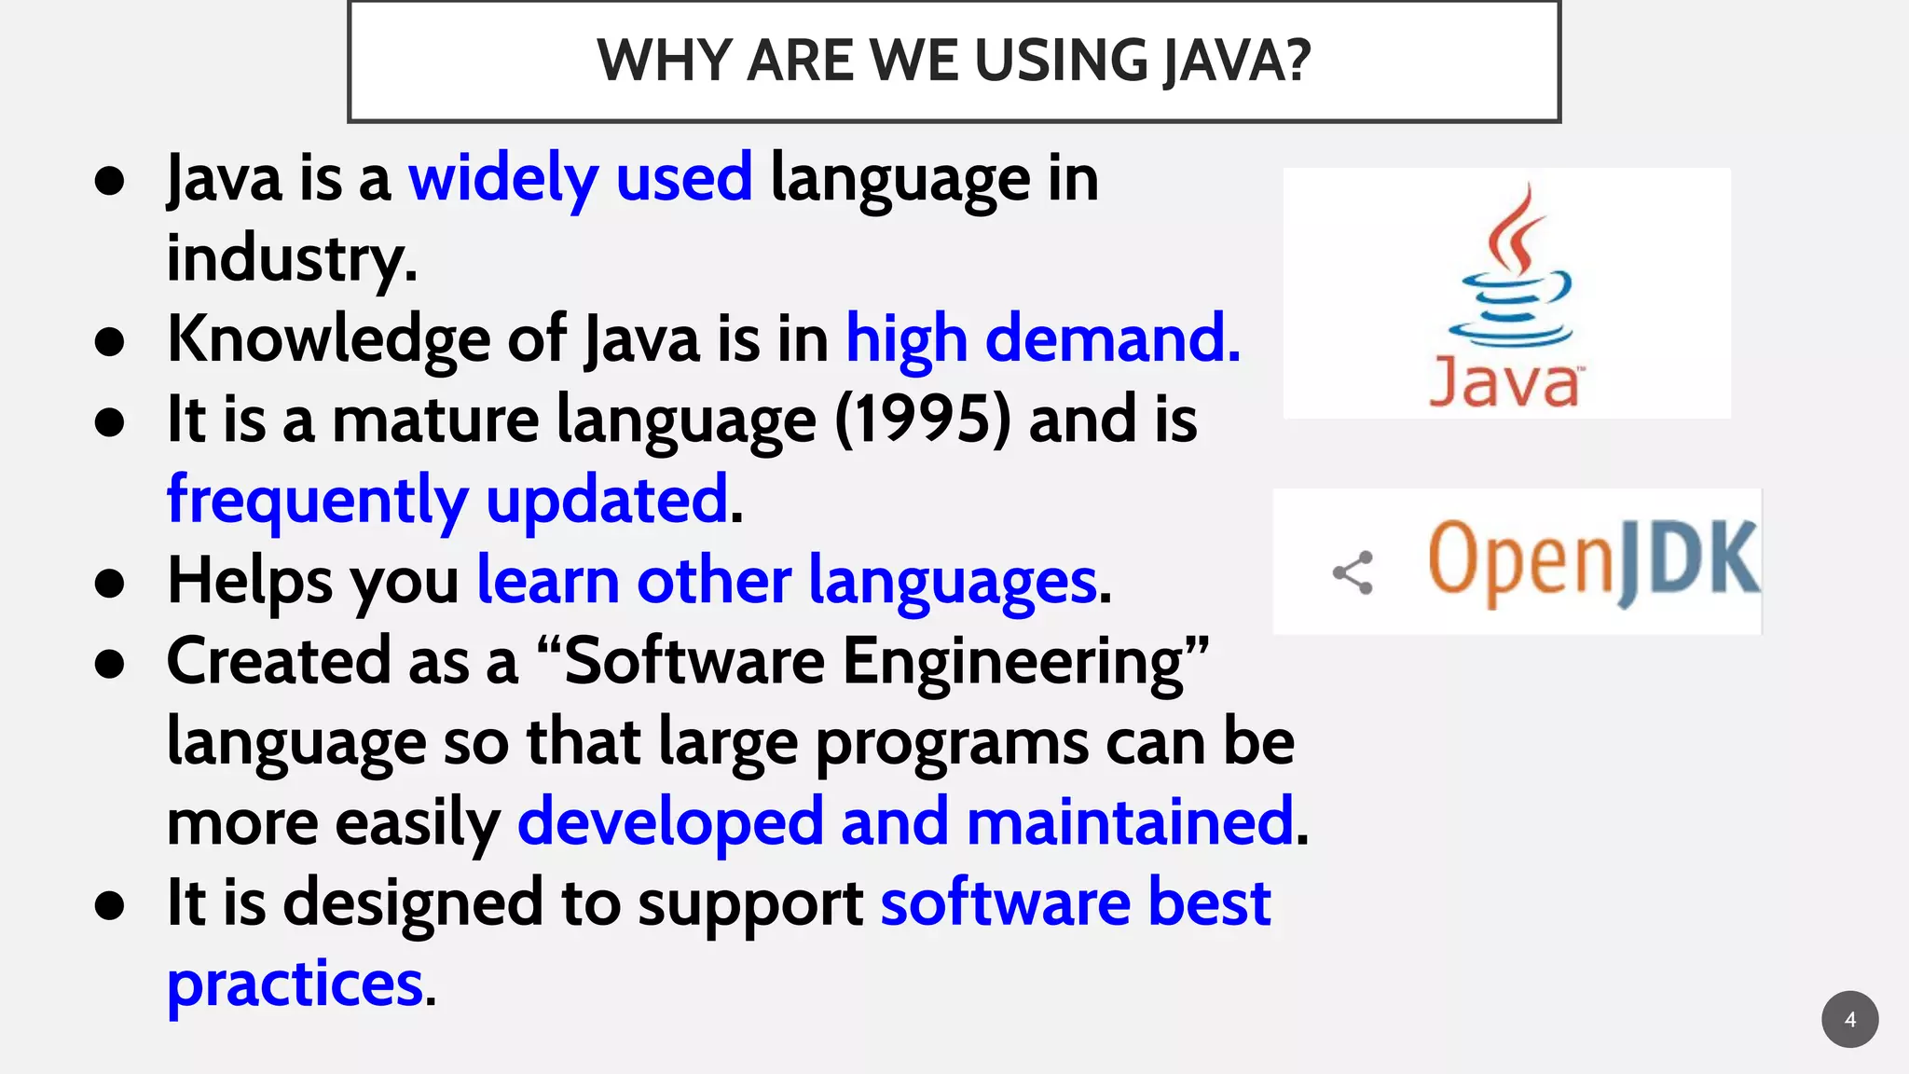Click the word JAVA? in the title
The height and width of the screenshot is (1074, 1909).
point(1237,62)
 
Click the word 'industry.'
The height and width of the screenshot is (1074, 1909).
point(292,258)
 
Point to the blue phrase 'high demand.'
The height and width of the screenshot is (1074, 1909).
point(1043,338)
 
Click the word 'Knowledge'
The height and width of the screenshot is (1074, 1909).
point(328,338)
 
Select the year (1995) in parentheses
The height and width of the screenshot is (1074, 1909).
point(922,420)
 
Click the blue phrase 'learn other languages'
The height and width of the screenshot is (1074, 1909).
point(787,581)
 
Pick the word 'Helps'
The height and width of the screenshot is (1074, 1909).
point(249,581)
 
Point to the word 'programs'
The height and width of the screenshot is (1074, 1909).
point(952,742)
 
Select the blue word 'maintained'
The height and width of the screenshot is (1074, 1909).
point(1130,822)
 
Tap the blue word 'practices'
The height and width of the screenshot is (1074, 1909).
point(295,984)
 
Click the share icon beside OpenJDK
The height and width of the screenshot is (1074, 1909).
point(1353,572)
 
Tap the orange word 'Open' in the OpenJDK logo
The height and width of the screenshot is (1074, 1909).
point(1519,559)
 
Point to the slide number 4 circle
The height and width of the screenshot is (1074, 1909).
point(1849,1019)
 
